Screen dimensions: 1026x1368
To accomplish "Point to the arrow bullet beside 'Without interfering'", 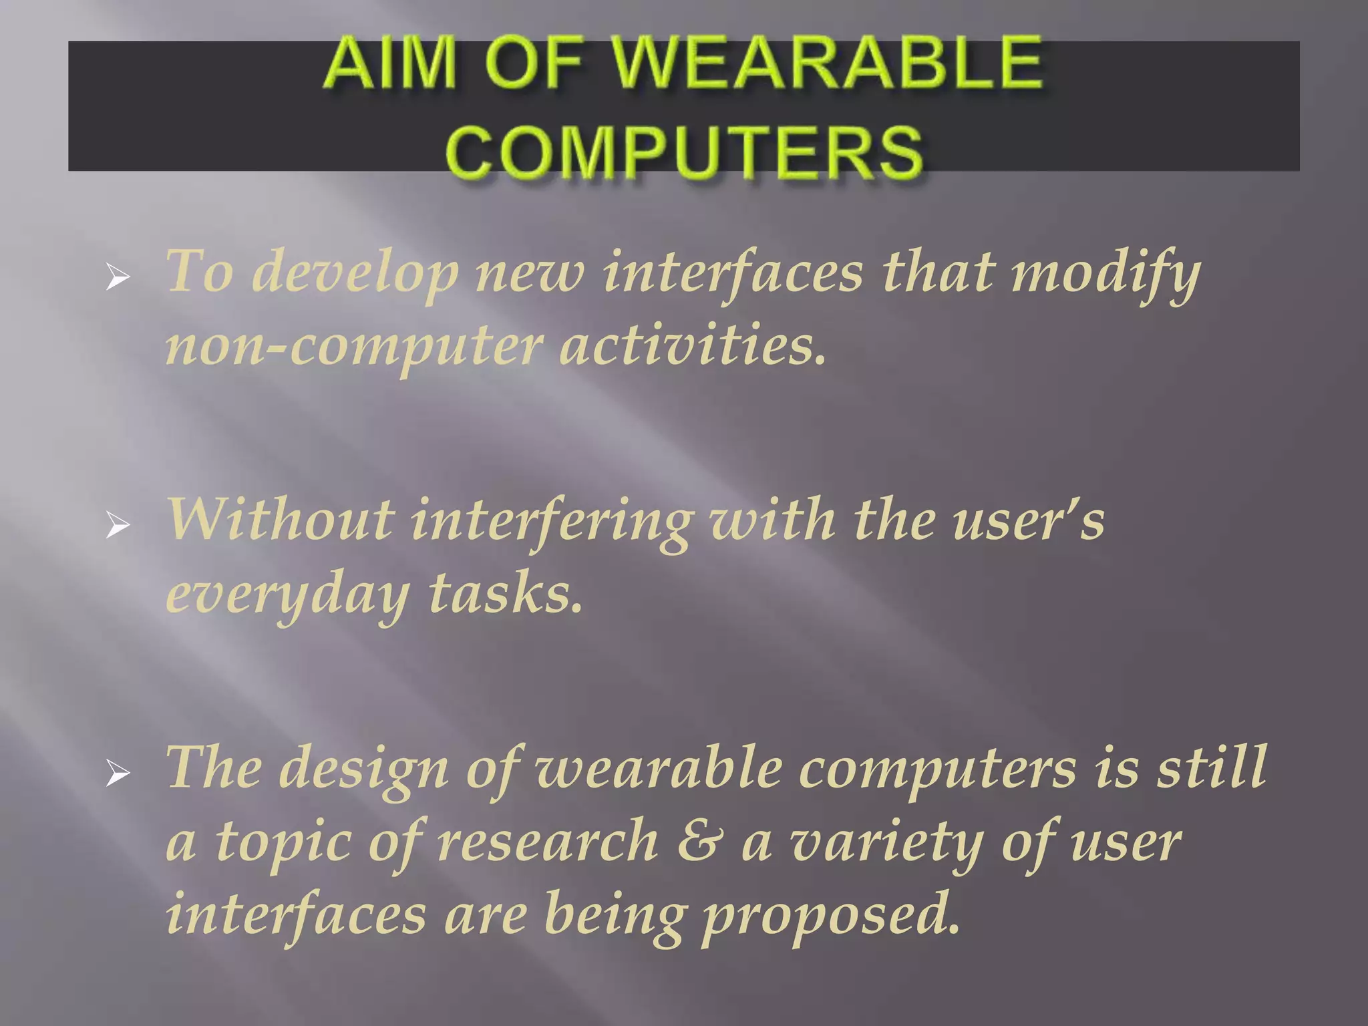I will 118,526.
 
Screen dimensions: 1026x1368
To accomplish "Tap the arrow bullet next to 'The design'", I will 118,775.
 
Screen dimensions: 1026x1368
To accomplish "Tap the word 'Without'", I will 281,520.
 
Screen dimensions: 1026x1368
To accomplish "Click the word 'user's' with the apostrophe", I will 1029,520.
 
